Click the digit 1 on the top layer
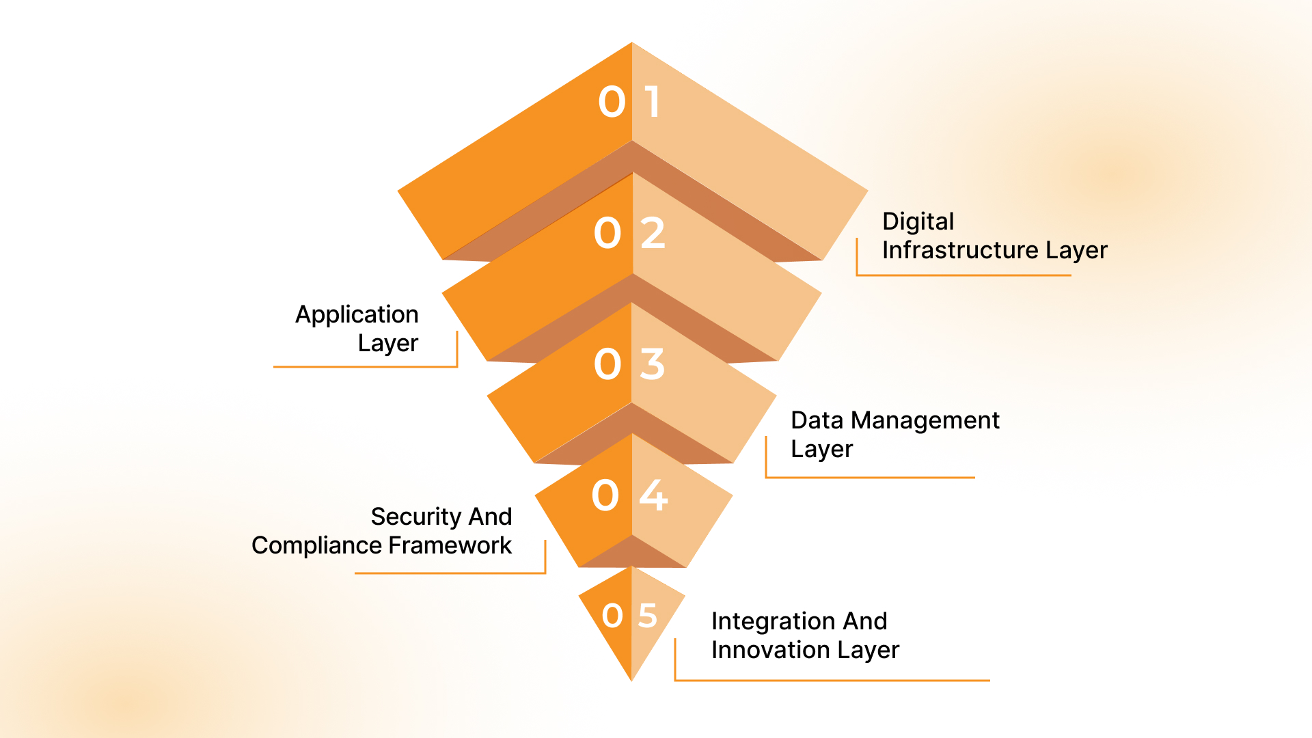point(653,102)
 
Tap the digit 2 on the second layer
point(653,233)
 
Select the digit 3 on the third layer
point(653,364)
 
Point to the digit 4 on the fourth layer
point(653,495)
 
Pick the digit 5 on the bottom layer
point(648,616)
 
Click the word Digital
point(918,221)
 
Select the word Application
point(357,314)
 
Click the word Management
point(925,420)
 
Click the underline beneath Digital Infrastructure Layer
point(963,275)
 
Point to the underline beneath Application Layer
point(365,367)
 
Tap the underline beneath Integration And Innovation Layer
point(832,681)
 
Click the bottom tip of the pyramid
point(632,679)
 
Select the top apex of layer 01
point(632,44)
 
